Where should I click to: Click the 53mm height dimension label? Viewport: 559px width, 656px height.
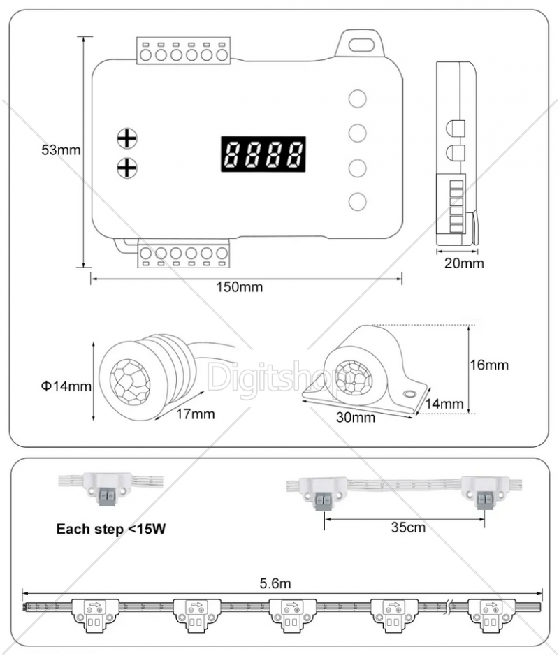[x=61, y=150]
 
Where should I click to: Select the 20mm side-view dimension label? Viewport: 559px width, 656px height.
[x=463, y=263]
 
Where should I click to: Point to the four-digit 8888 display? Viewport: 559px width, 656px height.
[x=263, y=153]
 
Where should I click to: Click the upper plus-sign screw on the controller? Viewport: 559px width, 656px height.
[x=126, y=138]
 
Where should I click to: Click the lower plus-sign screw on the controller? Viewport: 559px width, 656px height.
[x=126, y=168]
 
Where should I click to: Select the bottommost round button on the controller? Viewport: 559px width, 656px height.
[x=358, y=201]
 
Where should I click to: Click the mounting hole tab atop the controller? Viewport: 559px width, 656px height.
[x=361, y=44]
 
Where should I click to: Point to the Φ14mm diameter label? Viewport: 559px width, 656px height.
[x=67, y=386]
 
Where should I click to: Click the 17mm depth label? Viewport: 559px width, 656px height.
[x=195, y=414]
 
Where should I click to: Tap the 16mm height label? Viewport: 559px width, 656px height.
[x=489, y=365]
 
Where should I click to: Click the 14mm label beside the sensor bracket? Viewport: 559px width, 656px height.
[x=444, y=403]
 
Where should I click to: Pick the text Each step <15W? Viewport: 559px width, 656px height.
[x=110, y=528]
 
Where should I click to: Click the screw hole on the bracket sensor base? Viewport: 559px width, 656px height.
[x=408, y=395]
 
